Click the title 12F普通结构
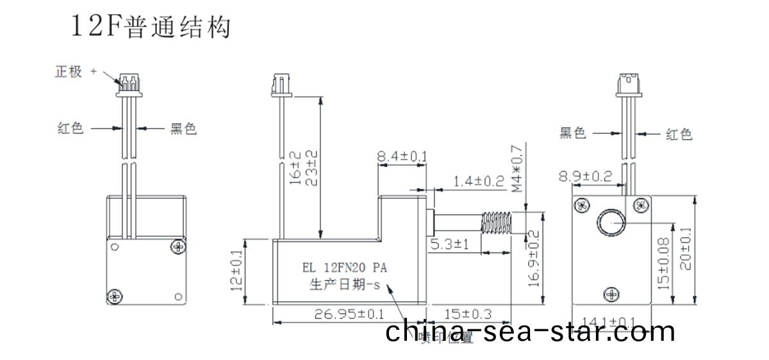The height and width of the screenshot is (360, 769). [x=151, y=28]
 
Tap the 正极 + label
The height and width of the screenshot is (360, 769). [x=75, y=72]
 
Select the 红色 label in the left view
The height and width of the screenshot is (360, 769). [x=70, y=129]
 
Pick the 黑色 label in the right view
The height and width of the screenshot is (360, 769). [x=573, y=133]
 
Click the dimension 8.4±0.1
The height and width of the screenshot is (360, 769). [x=402, y=156]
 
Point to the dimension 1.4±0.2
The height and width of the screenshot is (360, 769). [x=478, y=181]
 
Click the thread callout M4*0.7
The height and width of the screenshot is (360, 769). [x=518, y=168]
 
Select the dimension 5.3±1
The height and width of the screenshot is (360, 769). [x=451, y=244]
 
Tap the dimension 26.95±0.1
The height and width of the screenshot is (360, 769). [x=349, y=314]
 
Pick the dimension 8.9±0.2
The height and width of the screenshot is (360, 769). [x=585, y=176]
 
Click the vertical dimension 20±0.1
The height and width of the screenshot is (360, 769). [x=685, y=250]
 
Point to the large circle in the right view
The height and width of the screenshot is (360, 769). [x=611, y=223]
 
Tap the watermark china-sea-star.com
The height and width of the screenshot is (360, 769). [x=531, y=331]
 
